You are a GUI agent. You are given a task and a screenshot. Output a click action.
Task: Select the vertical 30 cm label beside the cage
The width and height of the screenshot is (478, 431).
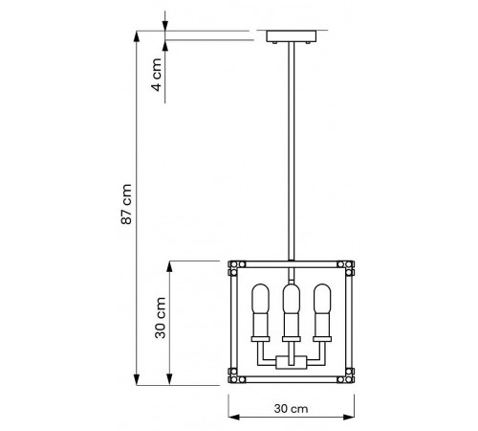tap(163, 320)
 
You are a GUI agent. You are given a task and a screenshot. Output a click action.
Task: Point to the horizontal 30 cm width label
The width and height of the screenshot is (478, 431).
tap(291, 407)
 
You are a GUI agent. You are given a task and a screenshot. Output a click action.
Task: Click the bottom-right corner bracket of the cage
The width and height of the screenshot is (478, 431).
tap(347, 376)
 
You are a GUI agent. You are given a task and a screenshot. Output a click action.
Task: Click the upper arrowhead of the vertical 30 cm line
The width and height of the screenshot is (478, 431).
tap(171, 265)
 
